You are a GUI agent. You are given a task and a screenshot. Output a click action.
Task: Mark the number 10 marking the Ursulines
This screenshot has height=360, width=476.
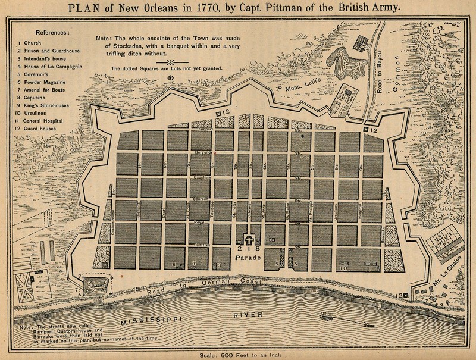click(x=343, y=268)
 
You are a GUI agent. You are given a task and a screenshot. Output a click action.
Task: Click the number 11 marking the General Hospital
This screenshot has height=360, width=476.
click(x=369, y=268)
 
